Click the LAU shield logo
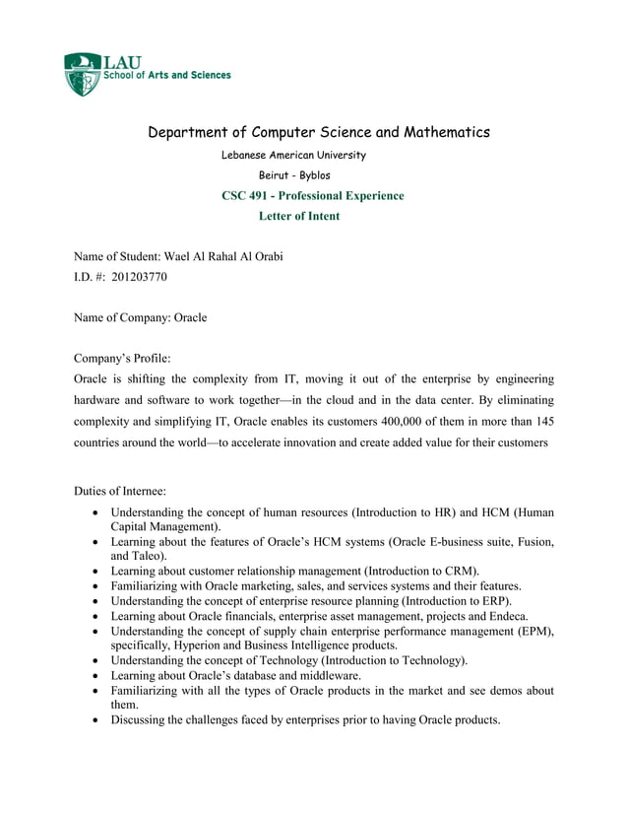(83, 75)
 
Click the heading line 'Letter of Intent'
(298, 216)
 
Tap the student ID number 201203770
(140, 277)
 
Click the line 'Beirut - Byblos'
(293, 175)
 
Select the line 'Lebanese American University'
(293, 155)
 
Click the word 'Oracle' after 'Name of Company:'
(190, 317)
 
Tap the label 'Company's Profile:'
(122, 358)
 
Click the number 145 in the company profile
(542, 422)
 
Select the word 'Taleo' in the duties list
(146, 556)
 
